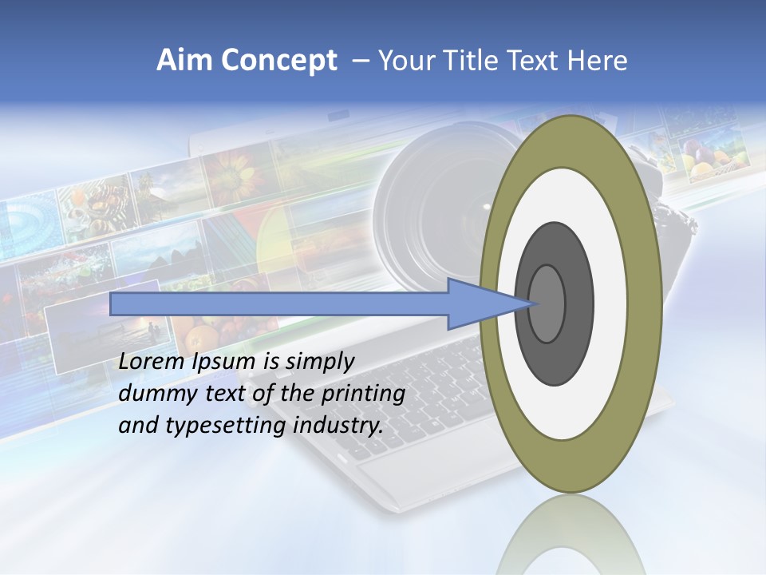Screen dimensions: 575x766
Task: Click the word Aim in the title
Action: tap(181, 61)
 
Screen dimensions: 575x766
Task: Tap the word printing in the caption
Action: tap(363, 394)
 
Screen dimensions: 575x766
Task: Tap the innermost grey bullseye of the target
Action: tap(547, 303)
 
